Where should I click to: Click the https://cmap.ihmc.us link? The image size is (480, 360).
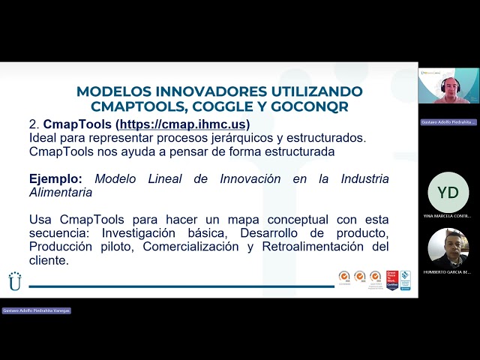184,124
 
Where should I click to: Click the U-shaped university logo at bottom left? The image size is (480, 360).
15,280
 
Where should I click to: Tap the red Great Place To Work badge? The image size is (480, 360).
391,280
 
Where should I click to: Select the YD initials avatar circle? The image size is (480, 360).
448,193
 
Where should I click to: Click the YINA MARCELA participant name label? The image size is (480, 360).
448,216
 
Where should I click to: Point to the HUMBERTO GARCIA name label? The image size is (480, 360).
448,271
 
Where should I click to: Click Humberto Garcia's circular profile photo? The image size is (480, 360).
448,248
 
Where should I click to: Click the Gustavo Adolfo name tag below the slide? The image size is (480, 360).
36,310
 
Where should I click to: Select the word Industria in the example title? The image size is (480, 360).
364,179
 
